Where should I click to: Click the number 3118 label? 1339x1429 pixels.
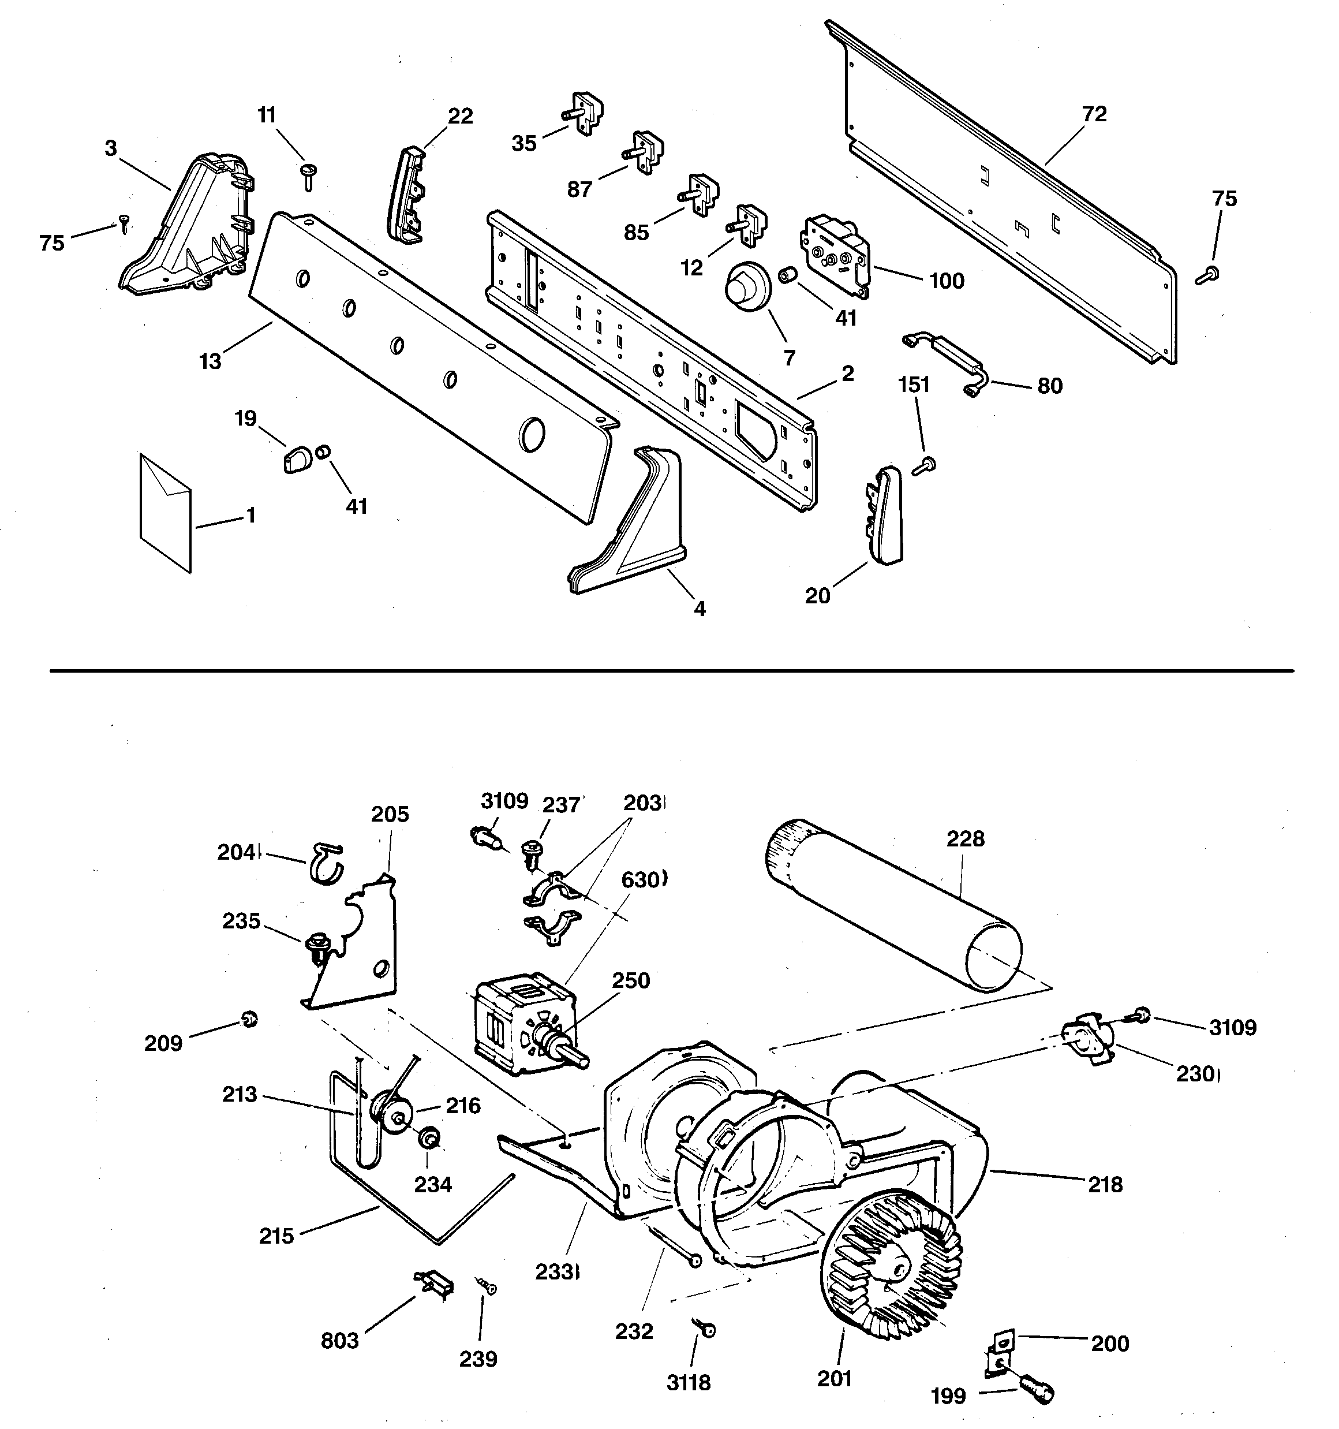coord(688,1382)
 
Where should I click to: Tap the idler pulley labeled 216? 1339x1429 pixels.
coord(390,1115)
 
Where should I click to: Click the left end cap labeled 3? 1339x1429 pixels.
coord(187,230)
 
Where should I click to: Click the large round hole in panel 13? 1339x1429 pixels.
coord(532,435)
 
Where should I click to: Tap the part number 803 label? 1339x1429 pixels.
coord(339,1340)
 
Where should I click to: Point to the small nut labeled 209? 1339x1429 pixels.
coord(249,1018)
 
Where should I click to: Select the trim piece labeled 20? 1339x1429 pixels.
coord(885,513)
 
